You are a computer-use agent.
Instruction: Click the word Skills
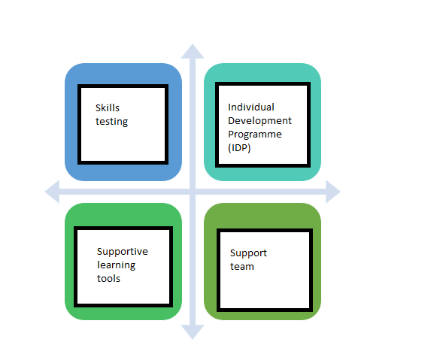click(108, 107)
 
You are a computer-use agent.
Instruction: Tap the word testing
click(111, 122)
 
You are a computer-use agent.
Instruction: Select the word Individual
click(251, 107)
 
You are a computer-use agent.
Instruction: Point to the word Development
click(259, 121)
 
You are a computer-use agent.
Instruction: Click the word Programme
click(255, 135)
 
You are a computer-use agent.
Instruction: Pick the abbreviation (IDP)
click(239, 148)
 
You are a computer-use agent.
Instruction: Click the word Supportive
click(123, 252)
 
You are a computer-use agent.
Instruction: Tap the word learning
click(116, 265)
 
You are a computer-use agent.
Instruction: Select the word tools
click(108, 278)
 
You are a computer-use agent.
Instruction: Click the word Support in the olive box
click(248, 253)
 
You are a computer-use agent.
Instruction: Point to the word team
click(241, 267)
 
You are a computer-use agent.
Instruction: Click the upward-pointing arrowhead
click(193, 51)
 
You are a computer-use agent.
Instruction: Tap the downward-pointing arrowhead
click(193, 332)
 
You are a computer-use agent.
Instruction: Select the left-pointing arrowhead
click(52, 192)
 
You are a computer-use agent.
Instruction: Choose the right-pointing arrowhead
click(333, 192)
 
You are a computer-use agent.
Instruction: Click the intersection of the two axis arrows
click(193, 192)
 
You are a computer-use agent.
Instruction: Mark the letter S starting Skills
click(98, 108)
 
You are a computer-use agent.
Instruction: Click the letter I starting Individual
click(229, 107)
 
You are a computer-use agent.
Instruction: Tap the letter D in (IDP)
click(238, 148)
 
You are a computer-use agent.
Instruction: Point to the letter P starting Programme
click(231, 134)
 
